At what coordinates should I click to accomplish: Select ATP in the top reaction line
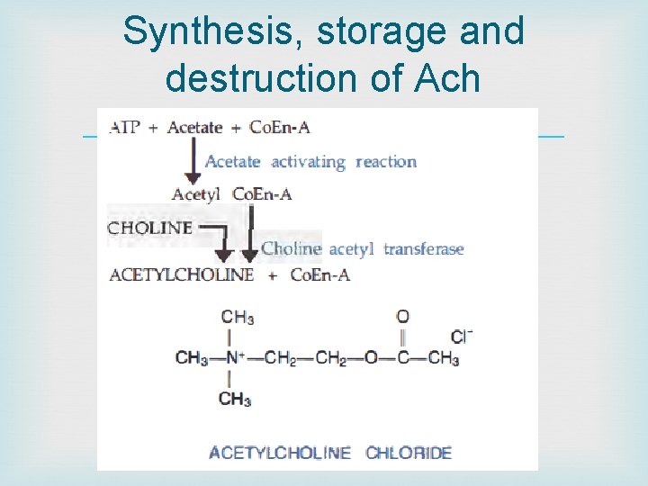[x=124, y=127]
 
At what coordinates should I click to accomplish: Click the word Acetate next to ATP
[x=194, y=127]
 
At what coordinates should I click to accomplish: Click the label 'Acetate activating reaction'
[x=310, y=162]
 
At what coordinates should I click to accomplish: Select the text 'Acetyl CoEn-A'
[x=231, y=193]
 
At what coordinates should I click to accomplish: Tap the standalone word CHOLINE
[x=149, y=228]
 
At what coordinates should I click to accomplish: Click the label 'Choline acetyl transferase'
[x=362, y=248]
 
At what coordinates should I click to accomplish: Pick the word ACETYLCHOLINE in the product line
[x=181, y=274]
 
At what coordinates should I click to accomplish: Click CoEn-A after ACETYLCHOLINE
[x=319, y=274]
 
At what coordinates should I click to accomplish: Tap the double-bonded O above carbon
[x=402, y=317]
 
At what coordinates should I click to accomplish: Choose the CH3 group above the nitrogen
[x=237, y=317]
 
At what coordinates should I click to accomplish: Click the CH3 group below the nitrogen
[x=235, y=399]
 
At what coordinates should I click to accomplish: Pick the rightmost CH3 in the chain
[x=444, y=358]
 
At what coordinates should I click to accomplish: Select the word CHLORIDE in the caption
[x=409, y=453]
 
